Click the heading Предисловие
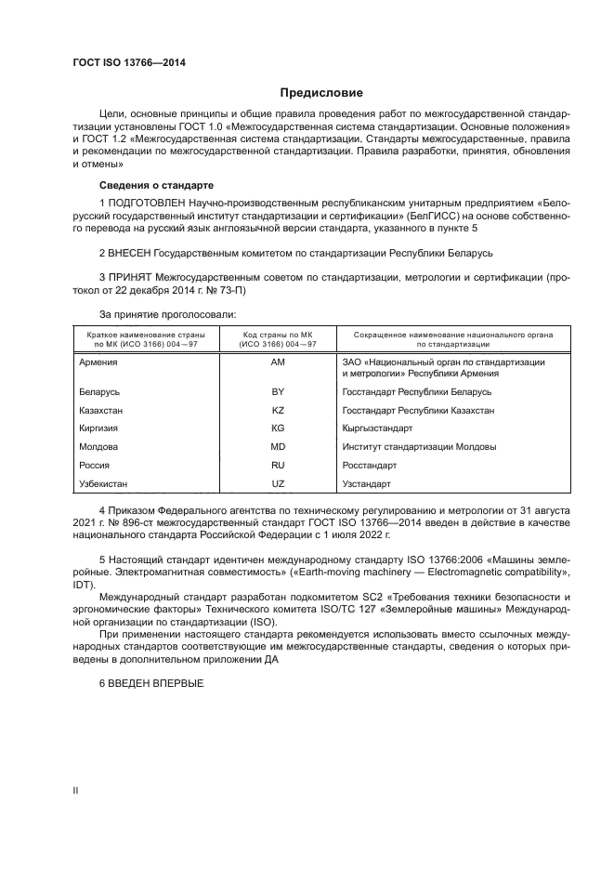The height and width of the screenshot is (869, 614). pyautogui.click(x=322, y=93)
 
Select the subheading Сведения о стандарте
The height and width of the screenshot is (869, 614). pyautogui.click(x=156, y=184)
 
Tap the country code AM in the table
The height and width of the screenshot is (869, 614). pyautogui.click(x=277, y=362)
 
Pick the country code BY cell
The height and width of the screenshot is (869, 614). pyautogui.click(x=277, y=392)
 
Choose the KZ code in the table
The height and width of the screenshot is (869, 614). pyautogui.click(x=277, y=410)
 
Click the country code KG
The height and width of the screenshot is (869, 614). pyautogui.click(x=277, y=428)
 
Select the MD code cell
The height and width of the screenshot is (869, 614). pyautogui.click(x=277, y=447)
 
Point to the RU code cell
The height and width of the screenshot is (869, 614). pyautogui.click(x=277, y=466)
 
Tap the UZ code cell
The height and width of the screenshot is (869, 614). pyautogui.click(x=277, y=484)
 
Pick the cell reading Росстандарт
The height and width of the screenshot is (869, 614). pyautogui.click(x=369, y=466)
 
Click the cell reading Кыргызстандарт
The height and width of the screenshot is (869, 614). pyautogui.click(x=377, y=428)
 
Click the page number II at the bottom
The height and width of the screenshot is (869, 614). pyautogui.click(x=76, y=791)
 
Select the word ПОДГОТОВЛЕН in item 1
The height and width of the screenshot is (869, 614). pyautogui.click(x=145, y=202)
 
